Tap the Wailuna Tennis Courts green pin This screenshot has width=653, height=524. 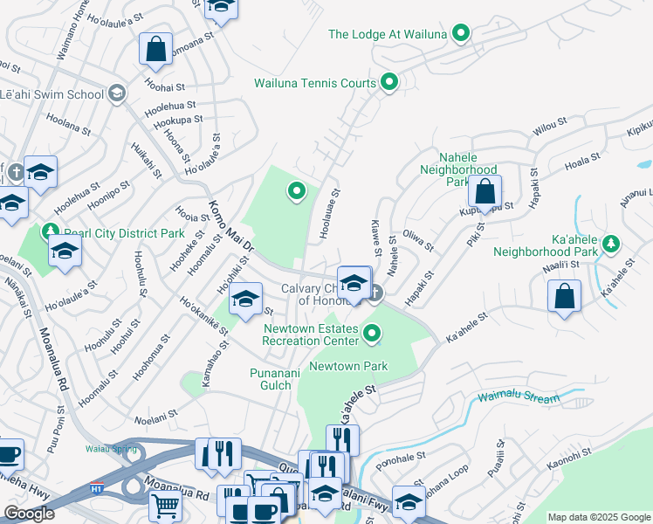[389, 84]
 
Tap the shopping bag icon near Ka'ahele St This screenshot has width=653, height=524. [565, 296]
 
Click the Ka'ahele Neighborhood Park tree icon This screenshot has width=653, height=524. [612, 242]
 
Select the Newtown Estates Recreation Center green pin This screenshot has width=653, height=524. [373, 333]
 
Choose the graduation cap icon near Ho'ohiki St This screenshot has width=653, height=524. [246, 299]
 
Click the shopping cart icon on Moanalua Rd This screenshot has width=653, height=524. [164, 505]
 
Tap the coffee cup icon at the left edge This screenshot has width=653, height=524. [8, 454]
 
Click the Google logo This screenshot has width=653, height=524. [29, 514]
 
